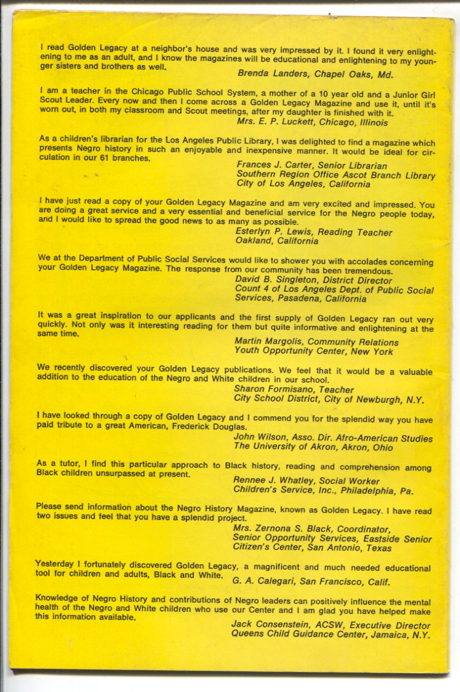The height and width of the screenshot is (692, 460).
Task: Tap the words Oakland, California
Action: pos(277,241)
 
